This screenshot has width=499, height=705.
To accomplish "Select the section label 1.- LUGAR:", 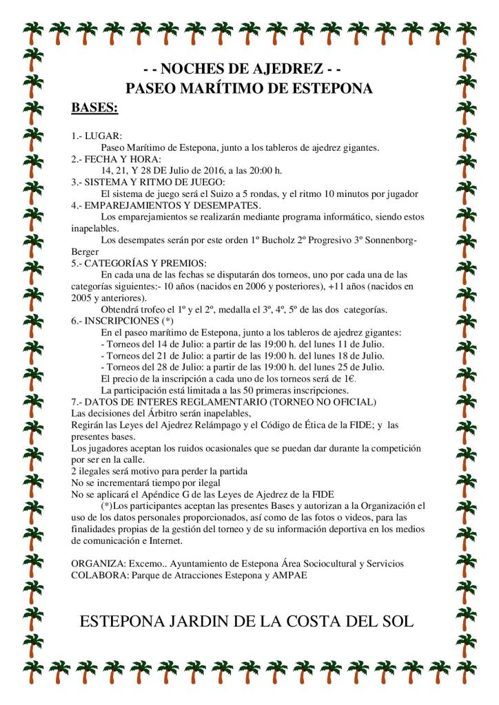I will [96, 136].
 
